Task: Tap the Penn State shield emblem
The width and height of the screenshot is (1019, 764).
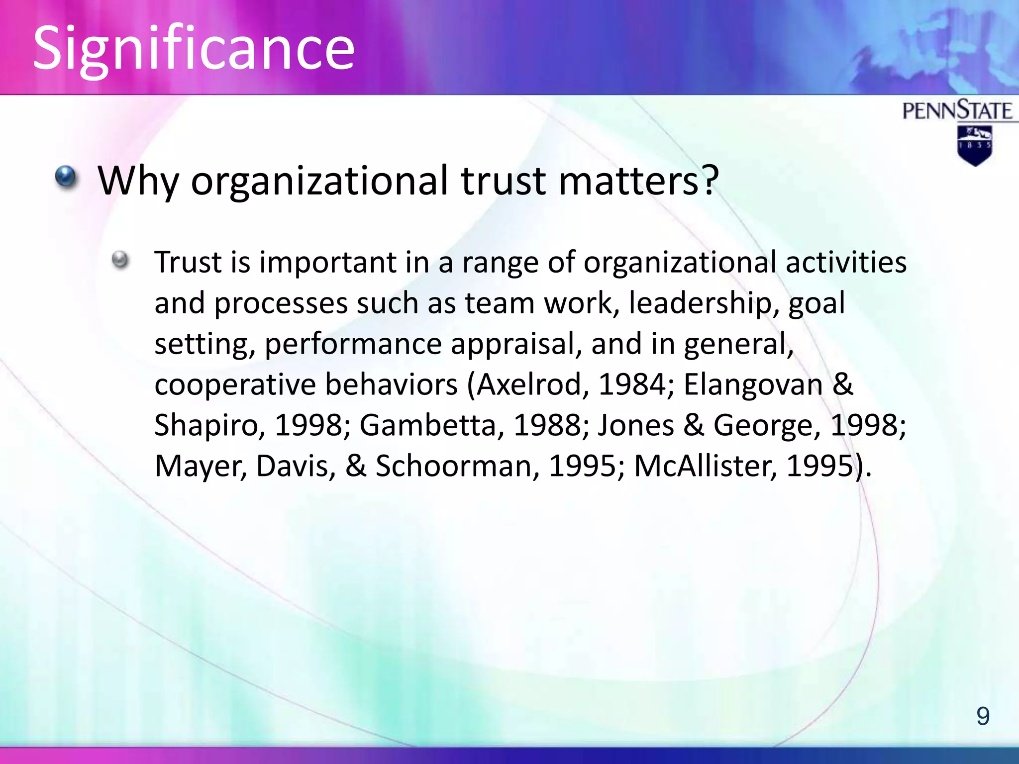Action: (975, 145)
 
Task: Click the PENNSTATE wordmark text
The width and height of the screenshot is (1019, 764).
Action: (957, 110)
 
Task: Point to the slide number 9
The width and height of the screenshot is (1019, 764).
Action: (983, 716)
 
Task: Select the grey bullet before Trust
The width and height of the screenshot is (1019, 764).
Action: (120, 259)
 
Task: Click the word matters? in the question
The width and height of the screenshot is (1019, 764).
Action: (639, 180)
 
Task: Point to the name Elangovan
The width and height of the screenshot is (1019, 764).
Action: (753, 384)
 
